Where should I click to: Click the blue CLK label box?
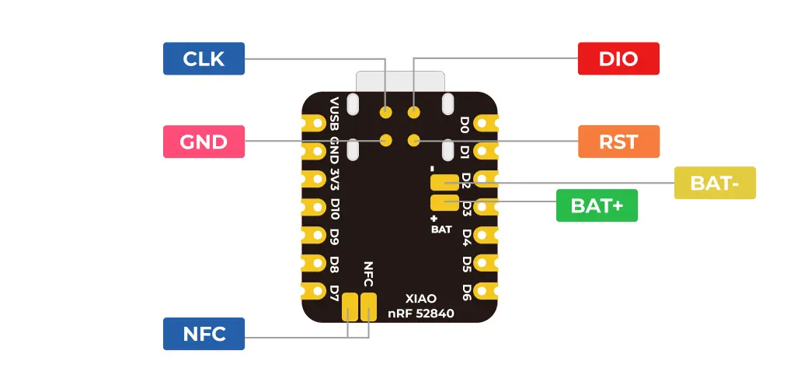click(204, 58)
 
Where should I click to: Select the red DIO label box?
click(618, 58)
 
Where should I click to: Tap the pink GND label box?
click(204, 142)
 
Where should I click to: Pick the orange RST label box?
click(618, 142)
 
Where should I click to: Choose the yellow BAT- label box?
click(715, 183)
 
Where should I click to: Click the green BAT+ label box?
click(597, 205)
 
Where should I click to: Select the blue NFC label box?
click(204, 334)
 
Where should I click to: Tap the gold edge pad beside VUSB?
click(314, 123)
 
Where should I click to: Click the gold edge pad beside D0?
click(486, 123)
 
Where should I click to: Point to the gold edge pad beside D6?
click(486, 291)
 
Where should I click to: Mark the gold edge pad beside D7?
click(314, 291)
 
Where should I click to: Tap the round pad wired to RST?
click(414, 139)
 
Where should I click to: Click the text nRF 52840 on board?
click(421, 314)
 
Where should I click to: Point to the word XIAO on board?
click(421, 298)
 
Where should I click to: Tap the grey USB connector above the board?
click(400, 82)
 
